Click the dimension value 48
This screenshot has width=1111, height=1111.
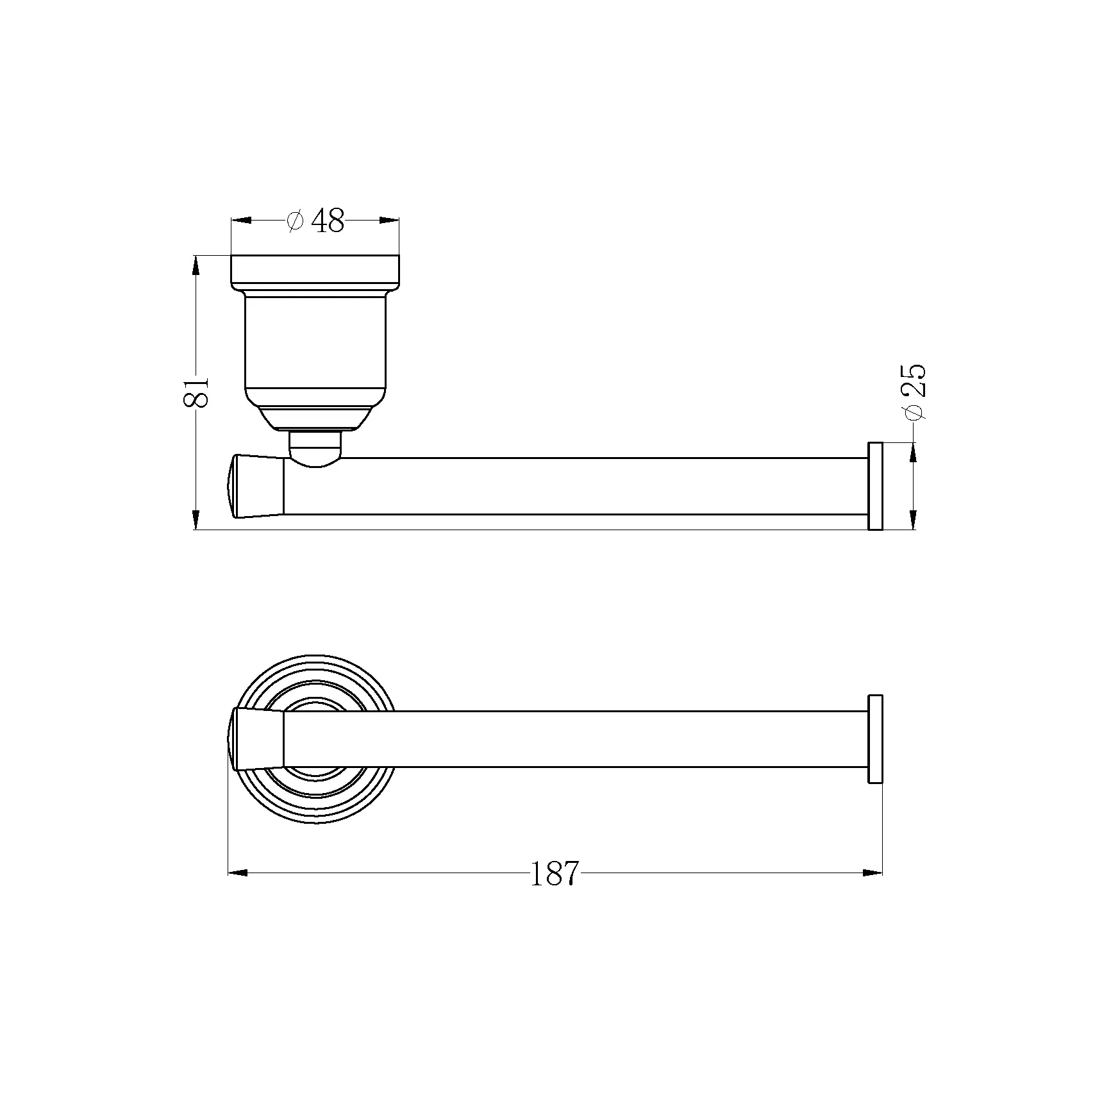click(328, 221)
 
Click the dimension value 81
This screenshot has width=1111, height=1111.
click(197, 391)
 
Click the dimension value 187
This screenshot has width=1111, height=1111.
click(555, 873)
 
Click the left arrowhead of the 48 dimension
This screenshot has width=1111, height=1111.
click(240, 221)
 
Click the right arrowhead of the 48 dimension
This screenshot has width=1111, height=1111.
click(389, 221)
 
